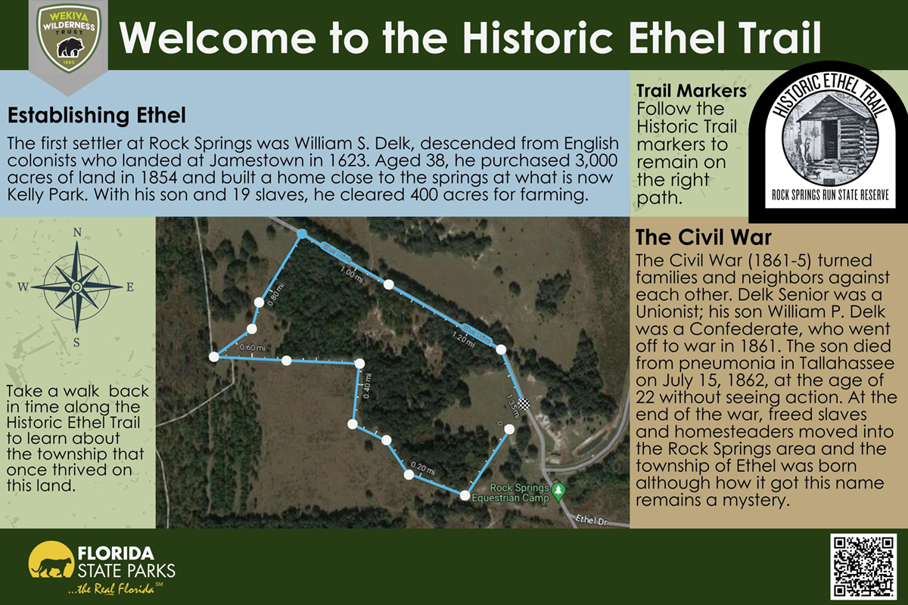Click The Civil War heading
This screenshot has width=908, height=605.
pos(703,237)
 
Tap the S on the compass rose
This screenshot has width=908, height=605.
pos(76,341)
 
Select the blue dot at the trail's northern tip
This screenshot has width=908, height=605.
pos(302,234)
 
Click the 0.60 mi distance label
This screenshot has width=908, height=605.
pos(251,348)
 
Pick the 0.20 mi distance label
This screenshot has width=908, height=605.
pos(423,467)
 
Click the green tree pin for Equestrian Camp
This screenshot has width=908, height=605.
pos(558,489)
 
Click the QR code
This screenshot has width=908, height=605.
pos(863,566)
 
